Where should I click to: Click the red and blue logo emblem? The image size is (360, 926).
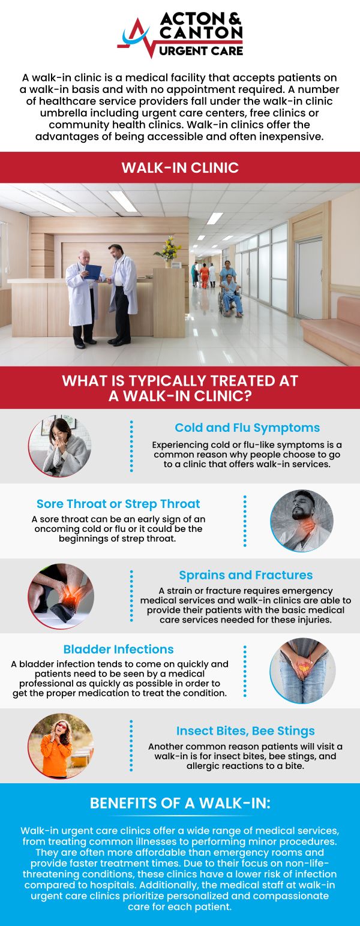[x=137, y=37]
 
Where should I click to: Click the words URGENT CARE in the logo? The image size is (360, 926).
[x=202, y=50]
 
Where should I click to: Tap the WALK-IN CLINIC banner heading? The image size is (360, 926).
[x=180, y=167]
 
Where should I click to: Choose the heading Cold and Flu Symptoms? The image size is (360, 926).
[x=247, y=428]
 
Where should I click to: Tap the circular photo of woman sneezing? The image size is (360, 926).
[x=60, y=446]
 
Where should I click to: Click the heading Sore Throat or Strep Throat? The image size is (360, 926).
[x=118, y=504]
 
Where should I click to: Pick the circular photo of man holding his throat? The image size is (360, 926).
[x=302, y=521]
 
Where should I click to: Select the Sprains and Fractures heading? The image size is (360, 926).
[x=245, y=575]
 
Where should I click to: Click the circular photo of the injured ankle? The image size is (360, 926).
[x=60, y=596]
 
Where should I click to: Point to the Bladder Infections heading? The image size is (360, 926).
[x=118, y=649]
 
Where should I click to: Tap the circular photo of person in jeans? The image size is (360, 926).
[x=302, y=671]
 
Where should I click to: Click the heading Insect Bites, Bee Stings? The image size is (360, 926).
[x=245, y=730]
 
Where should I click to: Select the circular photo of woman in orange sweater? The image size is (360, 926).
[x=60, y=746]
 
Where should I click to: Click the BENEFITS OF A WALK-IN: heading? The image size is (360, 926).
[x=180, y=803]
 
